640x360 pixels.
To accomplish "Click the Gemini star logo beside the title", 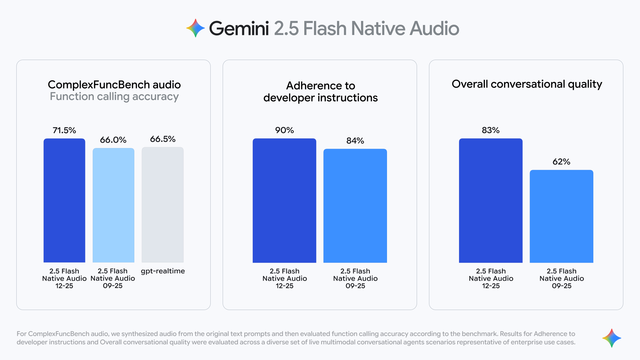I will click(x=195, y=28).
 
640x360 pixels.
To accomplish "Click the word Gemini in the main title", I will click(x=239, y=28).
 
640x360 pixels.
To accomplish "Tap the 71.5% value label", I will click(x=64, y=130).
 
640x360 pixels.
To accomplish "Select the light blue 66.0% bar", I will click(x=113, y=205).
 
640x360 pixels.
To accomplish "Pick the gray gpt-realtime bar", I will click(x=163, y=205).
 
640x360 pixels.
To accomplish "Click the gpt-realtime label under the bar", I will click(x=163, y=271).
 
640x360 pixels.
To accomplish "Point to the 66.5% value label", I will click(x=163, y=139).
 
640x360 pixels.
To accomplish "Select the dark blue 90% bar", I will click(x=284, y=200).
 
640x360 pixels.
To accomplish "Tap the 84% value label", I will click(x=355, y=141).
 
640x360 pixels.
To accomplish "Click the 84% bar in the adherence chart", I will click(x=355, y=206).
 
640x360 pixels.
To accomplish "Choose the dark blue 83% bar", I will click(x=491, y=200).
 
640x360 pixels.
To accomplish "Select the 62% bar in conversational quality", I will click(x=561, y=216).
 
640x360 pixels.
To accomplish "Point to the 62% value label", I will click(x=561, y=162).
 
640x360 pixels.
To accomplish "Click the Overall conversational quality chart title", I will click(x=527, y=84).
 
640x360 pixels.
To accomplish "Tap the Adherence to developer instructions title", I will click(x=320, y=92).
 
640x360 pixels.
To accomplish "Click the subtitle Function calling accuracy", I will click(x=114, y=97).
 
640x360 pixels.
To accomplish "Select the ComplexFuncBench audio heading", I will click(x=114, y=85).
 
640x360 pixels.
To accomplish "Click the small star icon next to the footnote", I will click(x=612, y=338).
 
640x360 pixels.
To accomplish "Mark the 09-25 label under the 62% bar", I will click(x=561, y=286).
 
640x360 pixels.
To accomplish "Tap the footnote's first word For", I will click(x=22, y=334).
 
